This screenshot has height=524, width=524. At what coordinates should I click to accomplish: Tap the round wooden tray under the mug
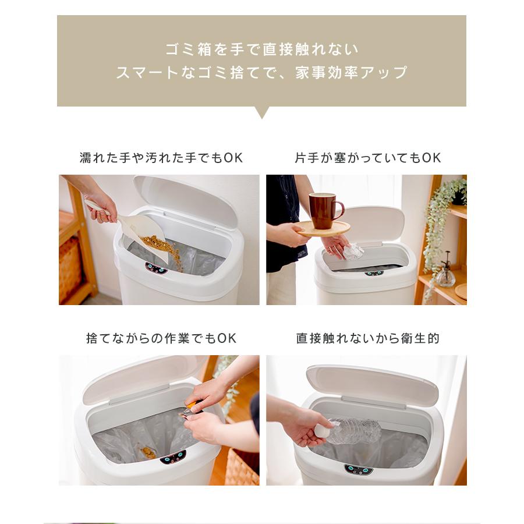[x=324, y=229]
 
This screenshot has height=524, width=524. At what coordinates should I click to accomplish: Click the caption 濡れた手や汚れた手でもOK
[x=161, y=158]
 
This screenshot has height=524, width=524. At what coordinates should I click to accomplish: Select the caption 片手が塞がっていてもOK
[x=367, y=158]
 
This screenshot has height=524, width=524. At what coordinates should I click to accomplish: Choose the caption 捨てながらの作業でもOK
[x=161, y=338]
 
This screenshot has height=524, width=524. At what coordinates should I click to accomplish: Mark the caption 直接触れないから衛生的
[x=367, y=338]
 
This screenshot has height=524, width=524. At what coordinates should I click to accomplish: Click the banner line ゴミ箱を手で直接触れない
[x=262, y=49]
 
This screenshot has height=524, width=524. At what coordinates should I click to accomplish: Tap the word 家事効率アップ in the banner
[x=352, y=72]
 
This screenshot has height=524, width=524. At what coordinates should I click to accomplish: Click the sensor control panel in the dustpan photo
[x=157, y=268]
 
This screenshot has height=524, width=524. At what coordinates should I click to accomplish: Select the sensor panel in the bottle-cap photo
[x=359, y=469]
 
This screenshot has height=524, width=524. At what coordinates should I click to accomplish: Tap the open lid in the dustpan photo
[x=186, y=200]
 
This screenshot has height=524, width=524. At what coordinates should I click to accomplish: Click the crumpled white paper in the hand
[x=352, y=252]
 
